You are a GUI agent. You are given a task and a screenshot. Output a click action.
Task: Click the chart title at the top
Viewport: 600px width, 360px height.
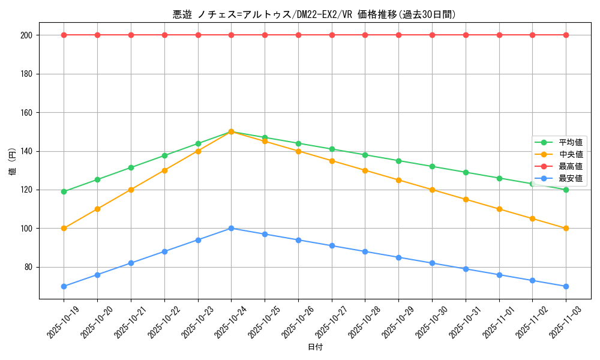[314, 14]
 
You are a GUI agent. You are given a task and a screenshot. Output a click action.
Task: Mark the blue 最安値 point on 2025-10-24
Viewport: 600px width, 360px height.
[232, 228]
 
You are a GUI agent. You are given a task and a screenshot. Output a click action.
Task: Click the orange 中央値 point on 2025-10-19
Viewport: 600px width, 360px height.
[64, 228]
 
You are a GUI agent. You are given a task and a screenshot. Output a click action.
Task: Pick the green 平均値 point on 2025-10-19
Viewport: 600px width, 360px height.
[64, 191]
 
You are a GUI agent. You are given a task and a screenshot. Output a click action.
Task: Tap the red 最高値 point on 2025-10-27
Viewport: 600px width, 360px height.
[332, 35]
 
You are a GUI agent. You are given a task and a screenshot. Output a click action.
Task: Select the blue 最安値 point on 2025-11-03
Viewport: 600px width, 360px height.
[566, 286]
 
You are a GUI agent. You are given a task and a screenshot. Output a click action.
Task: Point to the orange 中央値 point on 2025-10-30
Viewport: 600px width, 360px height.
[432, 190]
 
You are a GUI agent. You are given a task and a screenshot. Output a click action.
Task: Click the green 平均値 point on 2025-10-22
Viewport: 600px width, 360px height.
[164, 155]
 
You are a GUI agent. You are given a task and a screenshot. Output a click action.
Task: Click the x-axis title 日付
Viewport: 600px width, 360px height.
[315, 347]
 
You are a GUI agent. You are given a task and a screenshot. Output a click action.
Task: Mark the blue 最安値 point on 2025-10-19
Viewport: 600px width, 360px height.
[64, 286]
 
